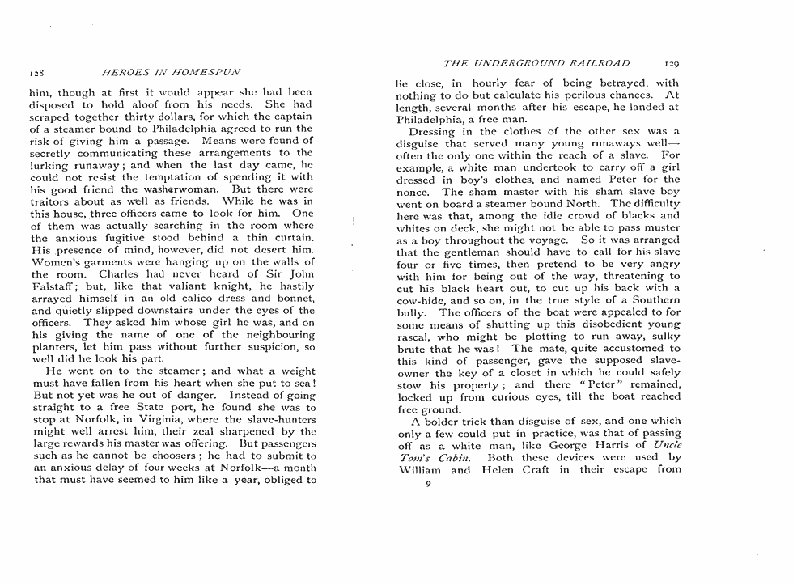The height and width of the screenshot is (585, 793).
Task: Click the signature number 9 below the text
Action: click(x=426, y=485)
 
